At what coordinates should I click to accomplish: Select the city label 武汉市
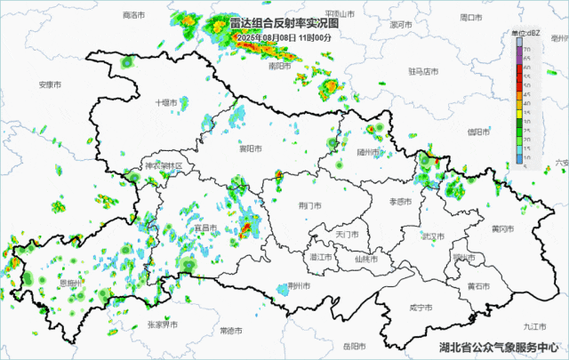(434, 236)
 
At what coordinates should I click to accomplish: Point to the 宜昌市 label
(205, 228)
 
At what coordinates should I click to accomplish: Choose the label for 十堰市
(166, 102)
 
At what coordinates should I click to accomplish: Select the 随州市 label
(367, 152)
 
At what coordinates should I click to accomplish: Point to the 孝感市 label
(401, 202)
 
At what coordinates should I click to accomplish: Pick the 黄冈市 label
(502, 228)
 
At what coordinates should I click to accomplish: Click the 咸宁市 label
(421, 307)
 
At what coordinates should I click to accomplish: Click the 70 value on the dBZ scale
(528, 48)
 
